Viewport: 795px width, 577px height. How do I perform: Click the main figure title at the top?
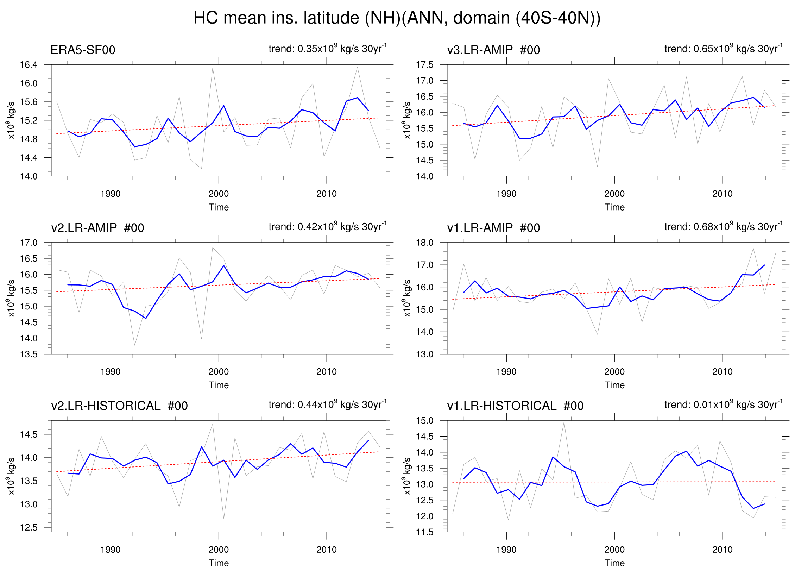coord(397,18)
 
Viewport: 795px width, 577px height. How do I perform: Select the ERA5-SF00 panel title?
coord(83,50)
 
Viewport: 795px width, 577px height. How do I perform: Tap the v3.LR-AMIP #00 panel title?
coord(493,50)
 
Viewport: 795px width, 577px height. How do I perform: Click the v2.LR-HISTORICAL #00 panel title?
coord(119,406)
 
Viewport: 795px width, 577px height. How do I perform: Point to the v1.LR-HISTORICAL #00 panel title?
coord(515,406)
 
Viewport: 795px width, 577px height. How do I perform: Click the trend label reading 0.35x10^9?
coord(327,48)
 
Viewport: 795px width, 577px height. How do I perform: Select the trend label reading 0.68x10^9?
coord(723,226)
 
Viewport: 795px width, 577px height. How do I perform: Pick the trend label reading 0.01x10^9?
coord(723,404)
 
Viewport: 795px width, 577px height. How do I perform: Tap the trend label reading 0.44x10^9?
coord(327,404)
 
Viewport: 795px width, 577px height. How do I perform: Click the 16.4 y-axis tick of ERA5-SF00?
coord(29,65)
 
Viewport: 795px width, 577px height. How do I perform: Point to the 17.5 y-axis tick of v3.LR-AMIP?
coord(424,65)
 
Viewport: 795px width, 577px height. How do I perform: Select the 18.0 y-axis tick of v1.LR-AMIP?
coord(424,243)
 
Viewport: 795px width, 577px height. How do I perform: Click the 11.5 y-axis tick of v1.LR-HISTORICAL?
coord(424,532)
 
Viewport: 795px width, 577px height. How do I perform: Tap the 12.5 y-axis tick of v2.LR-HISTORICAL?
coord(29,527)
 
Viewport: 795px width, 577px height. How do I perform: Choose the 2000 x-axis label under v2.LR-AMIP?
coord(219,372)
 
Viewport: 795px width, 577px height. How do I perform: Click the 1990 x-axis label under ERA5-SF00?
coord(111,194)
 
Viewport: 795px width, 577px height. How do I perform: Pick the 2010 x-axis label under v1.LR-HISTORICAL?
coord(723,550)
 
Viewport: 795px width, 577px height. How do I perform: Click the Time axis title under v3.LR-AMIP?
coord(614,207)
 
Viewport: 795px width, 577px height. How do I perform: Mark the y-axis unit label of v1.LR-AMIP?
coord(406,298)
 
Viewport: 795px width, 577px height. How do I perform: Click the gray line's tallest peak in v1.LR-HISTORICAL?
coord(564,422)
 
